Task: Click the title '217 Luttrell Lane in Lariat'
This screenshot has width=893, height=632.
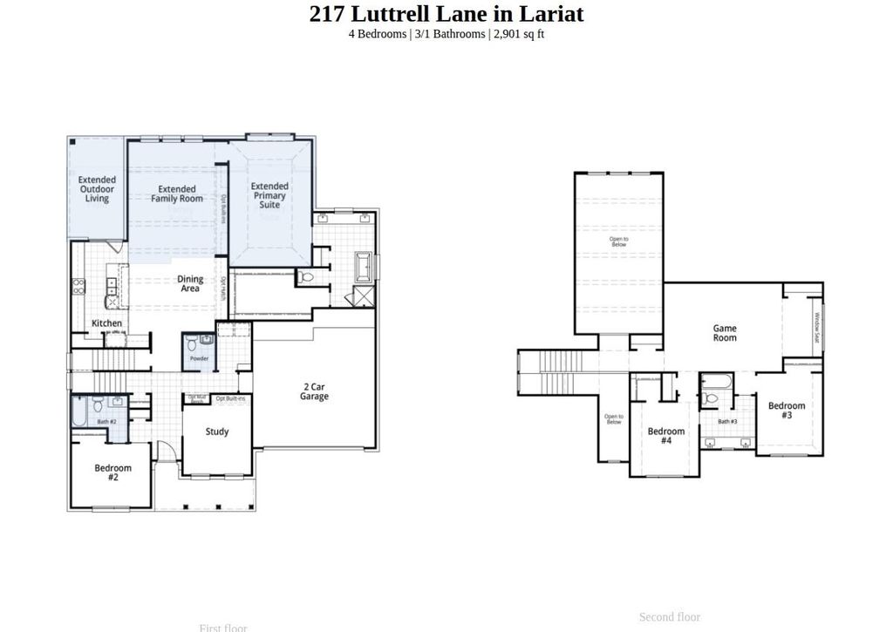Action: (446, 14)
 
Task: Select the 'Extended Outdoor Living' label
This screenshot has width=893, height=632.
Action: (97, 189)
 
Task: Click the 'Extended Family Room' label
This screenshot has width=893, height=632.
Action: (177, 194)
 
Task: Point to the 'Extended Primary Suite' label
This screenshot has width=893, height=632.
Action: (269, 194)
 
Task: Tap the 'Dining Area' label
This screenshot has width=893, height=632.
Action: (190, 284)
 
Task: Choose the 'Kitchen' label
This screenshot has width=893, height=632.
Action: (107, 323)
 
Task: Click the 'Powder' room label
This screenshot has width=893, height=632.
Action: (198, 358)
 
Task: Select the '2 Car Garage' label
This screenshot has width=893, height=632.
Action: (315, 391)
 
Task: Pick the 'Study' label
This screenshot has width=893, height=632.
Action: (217, 432)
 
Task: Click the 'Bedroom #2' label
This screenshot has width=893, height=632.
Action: (113, 472)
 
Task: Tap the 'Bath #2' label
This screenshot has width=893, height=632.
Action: (106, 422)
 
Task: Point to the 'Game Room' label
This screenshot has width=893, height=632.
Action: (725, 333)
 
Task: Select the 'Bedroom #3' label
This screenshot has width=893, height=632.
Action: (787, 411)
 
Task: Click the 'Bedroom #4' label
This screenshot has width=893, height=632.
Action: (666, 436)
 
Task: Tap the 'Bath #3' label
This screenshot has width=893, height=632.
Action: (727, 422)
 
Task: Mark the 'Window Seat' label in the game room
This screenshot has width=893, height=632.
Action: (817, 328)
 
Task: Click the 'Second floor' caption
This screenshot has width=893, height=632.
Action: (669, 617)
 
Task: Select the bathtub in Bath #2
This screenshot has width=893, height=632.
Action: (79, 411)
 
